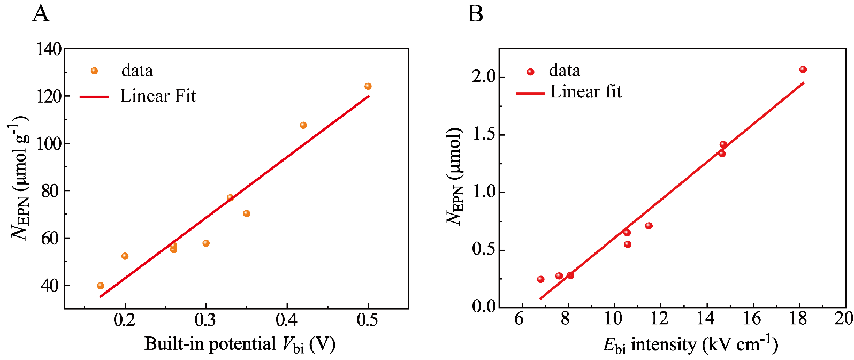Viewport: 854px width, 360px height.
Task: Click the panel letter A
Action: point(41,13)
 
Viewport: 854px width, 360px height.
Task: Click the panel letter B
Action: point(475,13)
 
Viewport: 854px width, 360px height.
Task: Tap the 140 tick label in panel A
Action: point(49,49)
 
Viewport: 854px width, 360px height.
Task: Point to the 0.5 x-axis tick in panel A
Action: point(367,320)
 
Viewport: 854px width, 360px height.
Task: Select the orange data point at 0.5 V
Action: point(368,87)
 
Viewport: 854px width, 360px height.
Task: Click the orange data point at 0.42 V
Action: point(303,126)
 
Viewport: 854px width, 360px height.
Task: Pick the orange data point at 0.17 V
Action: point(101,286)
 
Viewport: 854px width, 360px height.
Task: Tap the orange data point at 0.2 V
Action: point(125,256)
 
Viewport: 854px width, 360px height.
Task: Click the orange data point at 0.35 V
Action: point(247,214)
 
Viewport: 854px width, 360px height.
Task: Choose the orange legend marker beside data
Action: point(95,71)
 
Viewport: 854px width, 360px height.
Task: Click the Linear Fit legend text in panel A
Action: point(158,96)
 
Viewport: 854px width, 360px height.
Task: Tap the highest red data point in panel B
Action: point(803,70)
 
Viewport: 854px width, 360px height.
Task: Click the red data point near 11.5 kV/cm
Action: point(649,226)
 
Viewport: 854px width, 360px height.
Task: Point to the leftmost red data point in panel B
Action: point(541,279)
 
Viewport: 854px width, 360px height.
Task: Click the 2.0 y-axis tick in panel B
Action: point(484,77)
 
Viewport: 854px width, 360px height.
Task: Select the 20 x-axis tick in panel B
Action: point(843,318)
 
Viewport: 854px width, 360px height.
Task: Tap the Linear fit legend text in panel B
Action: point(586,92)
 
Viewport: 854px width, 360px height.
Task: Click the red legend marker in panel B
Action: point(531,72)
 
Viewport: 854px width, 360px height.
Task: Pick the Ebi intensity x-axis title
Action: point(690,344)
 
